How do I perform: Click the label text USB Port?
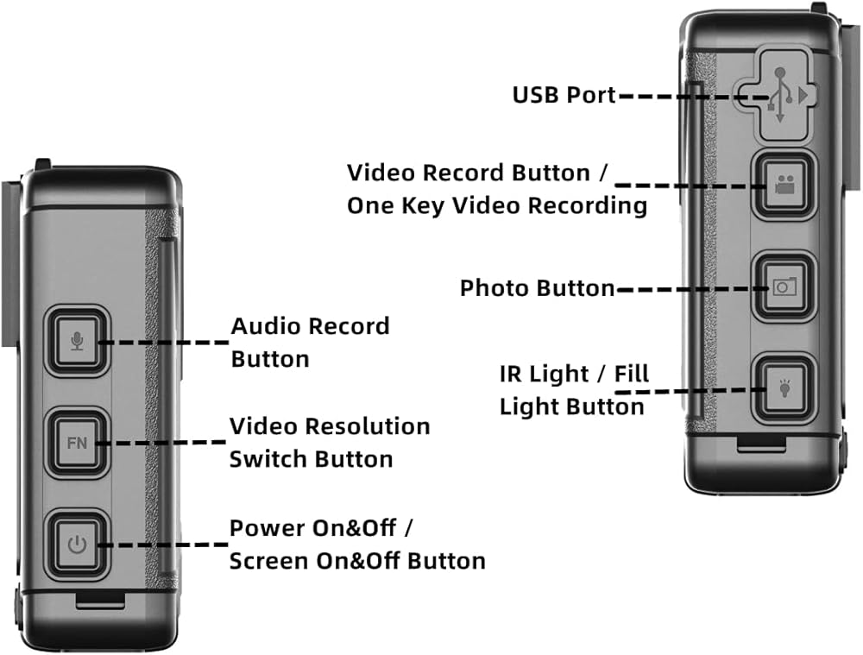tap(564, 95)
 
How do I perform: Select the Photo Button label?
tap(537, 288)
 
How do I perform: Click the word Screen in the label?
tap(269, 561)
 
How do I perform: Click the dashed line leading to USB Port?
tap(673, 96)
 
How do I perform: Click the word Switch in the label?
tap(265, 459)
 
